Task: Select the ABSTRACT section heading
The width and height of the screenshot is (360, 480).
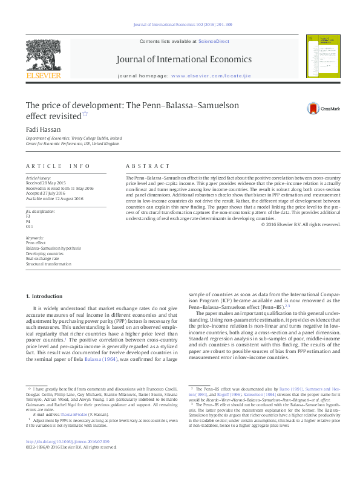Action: click(x=148, y=166)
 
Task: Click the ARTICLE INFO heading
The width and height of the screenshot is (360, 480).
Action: click(x=55, y=166)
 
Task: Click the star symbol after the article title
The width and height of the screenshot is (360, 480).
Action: click(x=85, y=112)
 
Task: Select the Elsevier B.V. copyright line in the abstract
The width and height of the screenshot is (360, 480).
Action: click(x=301, y=225)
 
